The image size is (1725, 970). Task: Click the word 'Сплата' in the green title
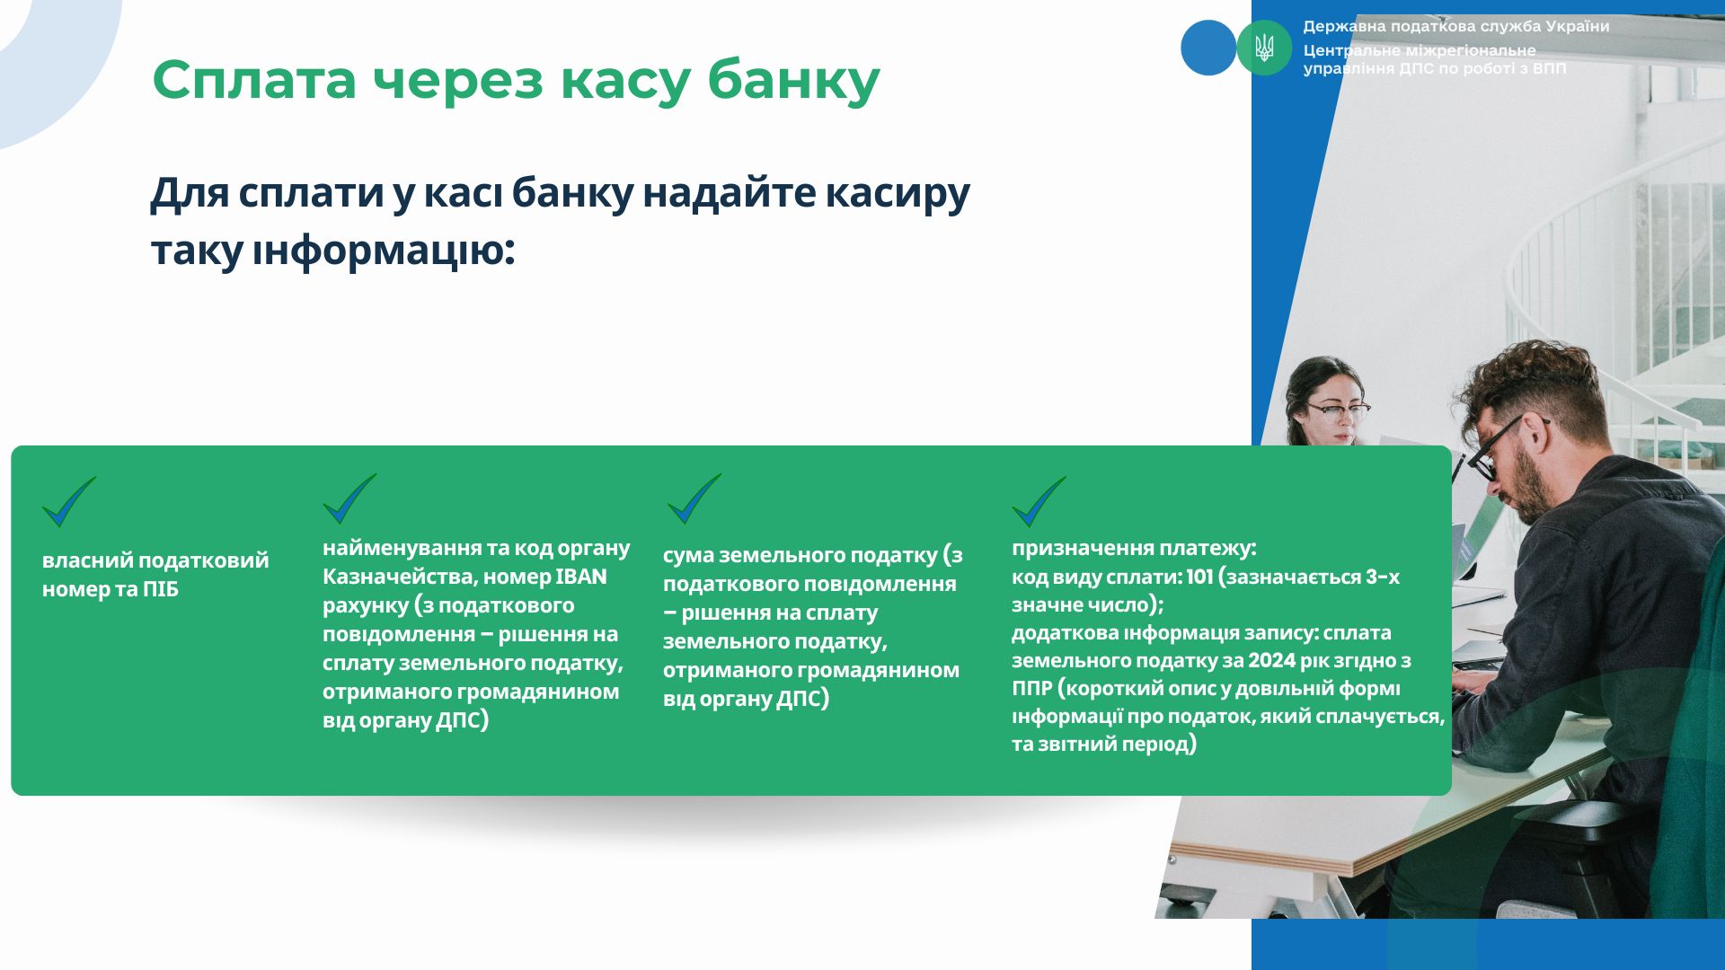[254, 79]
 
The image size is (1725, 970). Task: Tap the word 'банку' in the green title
[793, 81]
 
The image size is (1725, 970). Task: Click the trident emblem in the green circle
[1264, 48]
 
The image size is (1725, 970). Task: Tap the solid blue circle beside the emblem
[1208, 48]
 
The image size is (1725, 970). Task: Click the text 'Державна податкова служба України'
[1456, 27]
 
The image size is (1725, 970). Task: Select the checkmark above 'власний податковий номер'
[69, 501]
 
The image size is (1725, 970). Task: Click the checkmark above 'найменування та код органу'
[349, 498]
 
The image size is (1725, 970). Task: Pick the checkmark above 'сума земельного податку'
[694, 498]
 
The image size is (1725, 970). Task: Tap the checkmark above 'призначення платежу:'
[1039, 501]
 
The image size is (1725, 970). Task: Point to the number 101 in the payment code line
[1199, 577]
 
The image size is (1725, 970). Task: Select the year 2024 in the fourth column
[1272, 660]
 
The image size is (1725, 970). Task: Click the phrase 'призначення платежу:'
[1134, 548]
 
